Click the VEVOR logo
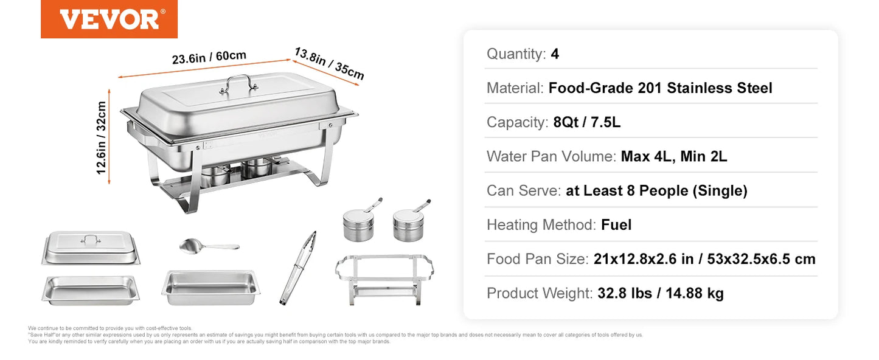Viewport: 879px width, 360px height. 109,19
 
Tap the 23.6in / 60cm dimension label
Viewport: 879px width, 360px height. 209,57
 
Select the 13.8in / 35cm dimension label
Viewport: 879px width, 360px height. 329,63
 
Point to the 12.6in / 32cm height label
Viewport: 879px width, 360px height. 101,137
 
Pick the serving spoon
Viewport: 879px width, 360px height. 209,246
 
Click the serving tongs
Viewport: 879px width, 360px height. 298,268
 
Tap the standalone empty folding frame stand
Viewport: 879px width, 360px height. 384,279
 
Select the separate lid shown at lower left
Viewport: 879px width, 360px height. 91,248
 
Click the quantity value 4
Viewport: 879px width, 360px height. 555,54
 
